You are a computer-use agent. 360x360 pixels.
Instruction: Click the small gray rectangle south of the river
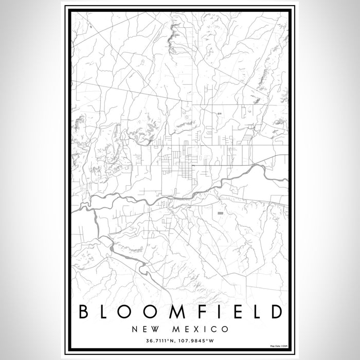(x=221, y=212)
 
